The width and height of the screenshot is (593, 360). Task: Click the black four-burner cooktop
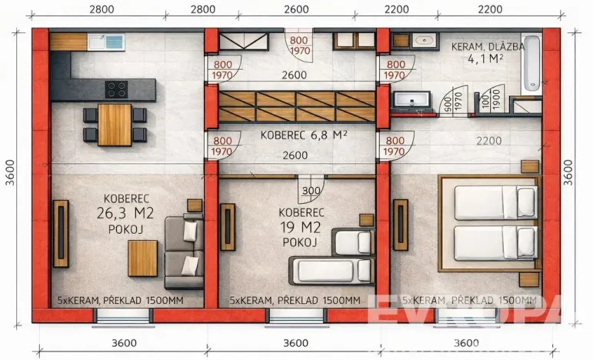(116, 88)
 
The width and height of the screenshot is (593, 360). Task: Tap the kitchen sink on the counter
(106, 41)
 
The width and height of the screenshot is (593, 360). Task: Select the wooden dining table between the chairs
(115, 124)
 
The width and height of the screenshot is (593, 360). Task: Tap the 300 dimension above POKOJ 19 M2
(311, 191)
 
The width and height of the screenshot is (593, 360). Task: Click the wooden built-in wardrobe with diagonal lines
(296, 107)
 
